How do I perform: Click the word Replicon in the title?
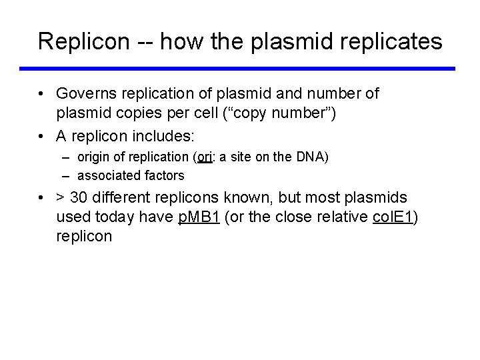pyautogui.click(x=82, y=42)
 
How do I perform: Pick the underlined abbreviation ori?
pyautogui.click(x=203, y=157)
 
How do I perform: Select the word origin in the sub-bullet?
pyautogui.click(x=95, y=157)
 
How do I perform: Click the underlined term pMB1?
pyautogui.click(x=200, y=217)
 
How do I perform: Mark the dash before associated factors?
pyautogui.click(x=68, y=176)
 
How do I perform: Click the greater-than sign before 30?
pyautogui.click(x=61, y=199)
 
